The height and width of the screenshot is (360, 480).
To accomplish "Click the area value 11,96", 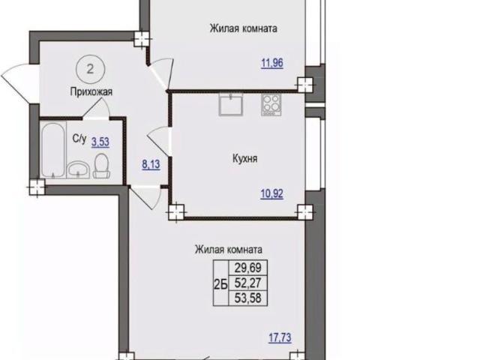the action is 272,63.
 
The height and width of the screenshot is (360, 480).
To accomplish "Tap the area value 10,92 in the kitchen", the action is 271,193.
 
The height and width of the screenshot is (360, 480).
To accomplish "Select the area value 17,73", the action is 280,338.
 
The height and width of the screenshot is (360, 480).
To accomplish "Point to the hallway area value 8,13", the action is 151,164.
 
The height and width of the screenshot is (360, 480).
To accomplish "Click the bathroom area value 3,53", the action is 100,142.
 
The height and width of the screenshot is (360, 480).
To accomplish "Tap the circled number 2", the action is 90,69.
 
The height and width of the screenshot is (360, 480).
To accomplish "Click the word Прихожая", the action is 91,91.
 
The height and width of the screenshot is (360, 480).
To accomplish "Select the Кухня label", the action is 245,158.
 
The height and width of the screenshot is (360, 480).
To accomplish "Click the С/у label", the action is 79,139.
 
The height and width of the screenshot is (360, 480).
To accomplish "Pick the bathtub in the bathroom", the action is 53,150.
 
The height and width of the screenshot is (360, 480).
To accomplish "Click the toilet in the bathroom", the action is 101,166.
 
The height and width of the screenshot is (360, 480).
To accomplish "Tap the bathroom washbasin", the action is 78,170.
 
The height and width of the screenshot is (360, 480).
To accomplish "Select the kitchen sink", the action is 231,104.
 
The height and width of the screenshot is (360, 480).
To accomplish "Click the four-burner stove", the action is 271,105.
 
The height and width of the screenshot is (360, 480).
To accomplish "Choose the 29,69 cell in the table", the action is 248,268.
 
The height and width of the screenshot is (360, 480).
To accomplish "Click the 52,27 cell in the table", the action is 248,283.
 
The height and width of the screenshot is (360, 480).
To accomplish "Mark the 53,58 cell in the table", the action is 248,298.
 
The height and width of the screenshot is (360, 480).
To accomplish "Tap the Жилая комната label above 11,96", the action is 243,28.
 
